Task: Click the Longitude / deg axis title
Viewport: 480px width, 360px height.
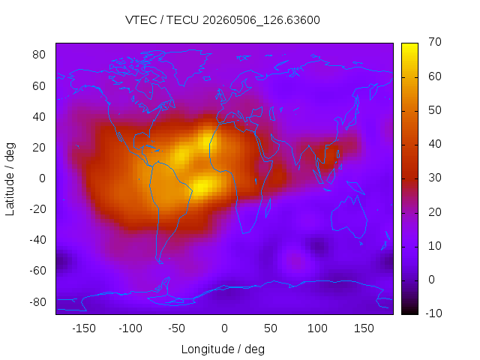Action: (x=223, y=349)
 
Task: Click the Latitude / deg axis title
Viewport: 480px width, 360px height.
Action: (x=10, y=178)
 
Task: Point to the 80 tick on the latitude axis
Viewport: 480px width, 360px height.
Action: (x=39, y=55)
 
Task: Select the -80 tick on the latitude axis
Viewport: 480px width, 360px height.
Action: (x=37, y=301)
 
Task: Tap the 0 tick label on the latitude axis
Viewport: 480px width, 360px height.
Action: (x=42, y=178)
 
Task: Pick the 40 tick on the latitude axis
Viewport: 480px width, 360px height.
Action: (x=39, y=117)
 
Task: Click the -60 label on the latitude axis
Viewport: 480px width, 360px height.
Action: (x=37, y=271)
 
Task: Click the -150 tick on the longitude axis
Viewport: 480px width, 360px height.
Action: (x=84, y=328)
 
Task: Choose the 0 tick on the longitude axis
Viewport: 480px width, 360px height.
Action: (x=224, y=328)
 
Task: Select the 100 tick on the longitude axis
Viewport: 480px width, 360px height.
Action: (x=317, y=328)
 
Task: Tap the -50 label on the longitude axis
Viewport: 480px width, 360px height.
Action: (x=177, y=328)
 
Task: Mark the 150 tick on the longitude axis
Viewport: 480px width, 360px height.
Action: (x=364, y=328)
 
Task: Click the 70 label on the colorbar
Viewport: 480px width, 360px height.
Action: (x=435, y=42)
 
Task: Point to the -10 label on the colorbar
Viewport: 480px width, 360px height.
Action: (x=433, y=313)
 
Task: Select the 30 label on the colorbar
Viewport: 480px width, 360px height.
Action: (x=435, y=178)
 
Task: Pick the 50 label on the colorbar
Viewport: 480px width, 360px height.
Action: (x=435, y=110)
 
